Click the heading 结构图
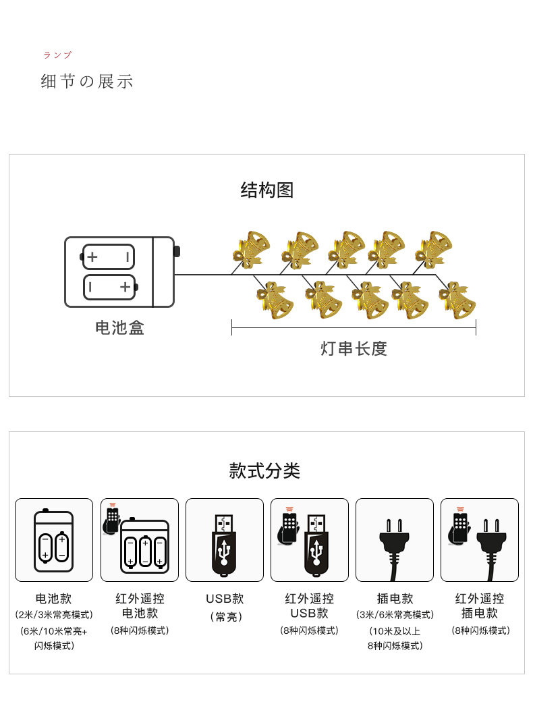coord(266,190)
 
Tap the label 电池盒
coord(119,328)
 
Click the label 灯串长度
coord(354,349)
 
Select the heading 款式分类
coord(264,470)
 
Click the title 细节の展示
coord(87,82)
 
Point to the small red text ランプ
coord(57,55)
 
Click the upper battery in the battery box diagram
coord(108,257)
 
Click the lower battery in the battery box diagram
coord(109,288)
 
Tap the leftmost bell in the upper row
coord(250,248)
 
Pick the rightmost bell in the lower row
coord(458,300)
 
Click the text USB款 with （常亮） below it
coord(225,599)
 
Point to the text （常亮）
coord(225,617)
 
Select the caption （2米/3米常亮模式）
coord(54,615)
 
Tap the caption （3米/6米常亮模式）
coord(395,615)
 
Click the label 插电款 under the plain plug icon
coord(395,599)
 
